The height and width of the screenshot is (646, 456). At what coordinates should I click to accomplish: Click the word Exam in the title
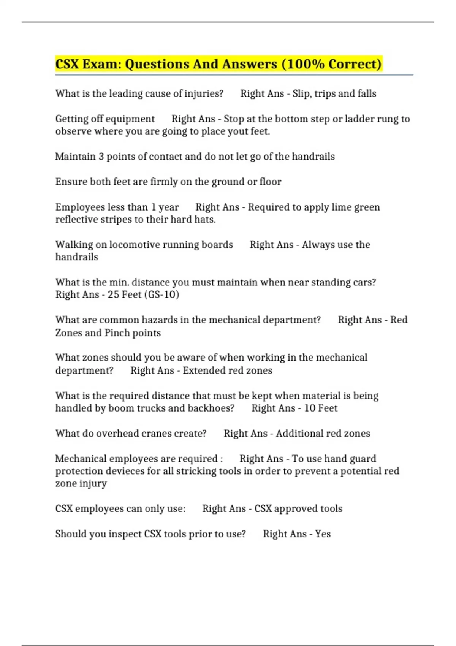[100, 64]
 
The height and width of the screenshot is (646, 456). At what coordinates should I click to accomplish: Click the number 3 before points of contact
[101, 157]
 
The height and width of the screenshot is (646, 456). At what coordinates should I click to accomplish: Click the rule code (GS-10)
[161, 294]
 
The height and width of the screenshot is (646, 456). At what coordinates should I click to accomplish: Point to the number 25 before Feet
[113, 294]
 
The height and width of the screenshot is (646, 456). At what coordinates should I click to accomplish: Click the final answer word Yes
[323, 534]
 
